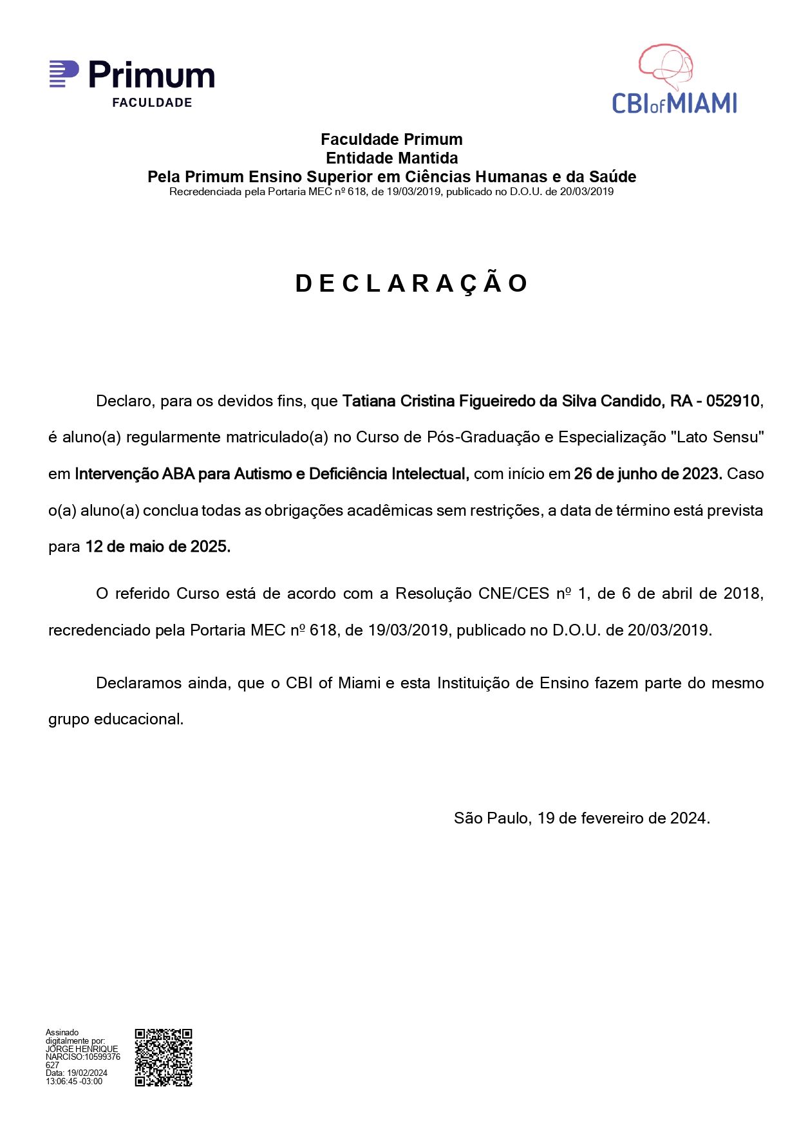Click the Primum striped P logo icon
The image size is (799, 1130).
tap(64, 74)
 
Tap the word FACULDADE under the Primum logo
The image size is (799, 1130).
tap(152, 102)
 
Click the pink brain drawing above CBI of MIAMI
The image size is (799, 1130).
tap(666, 66)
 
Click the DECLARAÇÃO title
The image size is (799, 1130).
tap(412, 283)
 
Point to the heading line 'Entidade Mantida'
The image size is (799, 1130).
tap(391, 158)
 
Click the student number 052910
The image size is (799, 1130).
tap(733, 401)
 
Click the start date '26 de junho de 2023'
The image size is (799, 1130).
tap(647, 474)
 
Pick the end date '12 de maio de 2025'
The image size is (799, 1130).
tap(158, 547)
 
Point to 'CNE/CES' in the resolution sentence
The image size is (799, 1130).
tap(514, 593)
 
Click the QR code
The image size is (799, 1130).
tap(164, 1057)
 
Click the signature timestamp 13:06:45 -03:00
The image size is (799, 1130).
tap(74, 1082)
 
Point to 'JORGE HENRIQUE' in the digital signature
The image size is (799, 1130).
tap(82, 1049)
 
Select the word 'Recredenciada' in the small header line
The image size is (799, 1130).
tap(205, 192)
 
